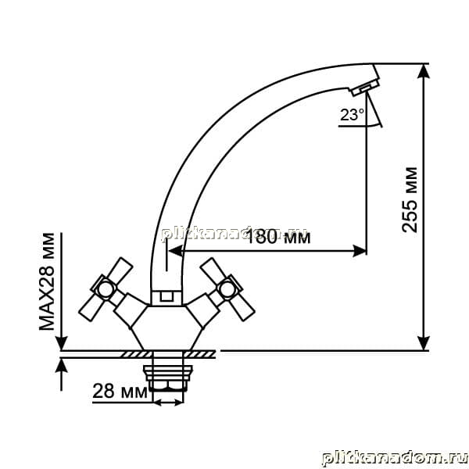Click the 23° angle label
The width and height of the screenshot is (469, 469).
click(352, 115)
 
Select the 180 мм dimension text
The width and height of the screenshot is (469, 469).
click(278, 237)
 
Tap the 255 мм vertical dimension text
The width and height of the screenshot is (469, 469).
click(409, 200)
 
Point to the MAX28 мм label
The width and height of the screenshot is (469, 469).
click(47, 281)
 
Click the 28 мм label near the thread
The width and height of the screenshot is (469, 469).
click(120, 391)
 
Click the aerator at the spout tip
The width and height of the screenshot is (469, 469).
click(365, 88)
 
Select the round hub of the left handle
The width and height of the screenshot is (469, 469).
click(106, 288)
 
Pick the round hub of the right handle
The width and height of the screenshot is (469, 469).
click(227, 288)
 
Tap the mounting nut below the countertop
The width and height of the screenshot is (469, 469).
click(168, 378)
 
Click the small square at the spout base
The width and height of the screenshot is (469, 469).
click(166, 296)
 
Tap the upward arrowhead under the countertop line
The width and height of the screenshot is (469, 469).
click(61, 367)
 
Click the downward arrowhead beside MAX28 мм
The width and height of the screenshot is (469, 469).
click(61, 342)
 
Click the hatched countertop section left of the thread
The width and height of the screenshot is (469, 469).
click(135, 354)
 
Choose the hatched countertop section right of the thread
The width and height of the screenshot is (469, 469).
click(200, 354)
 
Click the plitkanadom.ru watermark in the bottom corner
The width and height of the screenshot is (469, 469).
click(395, 458)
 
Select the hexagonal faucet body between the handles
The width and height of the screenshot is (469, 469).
click(167, 328)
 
